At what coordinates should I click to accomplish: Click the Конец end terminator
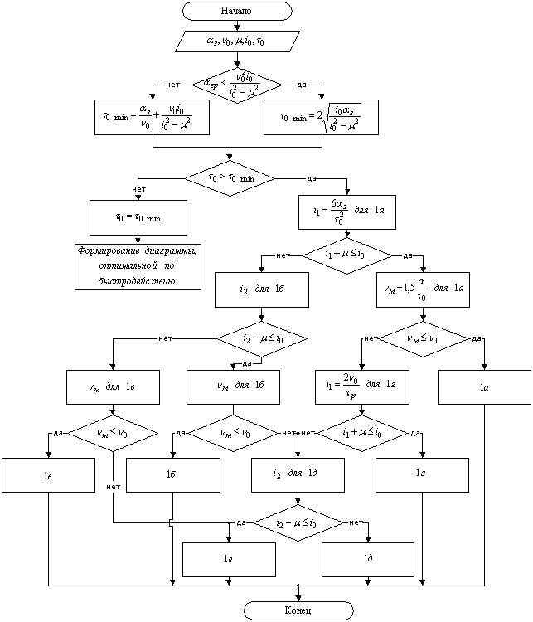[299, 610]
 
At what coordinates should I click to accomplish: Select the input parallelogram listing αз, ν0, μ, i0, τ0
[237, 40]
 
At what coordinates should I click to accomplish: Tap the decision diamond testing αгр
[237, 85]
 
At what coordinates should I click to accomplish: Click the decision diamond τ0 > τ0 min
[229, 177]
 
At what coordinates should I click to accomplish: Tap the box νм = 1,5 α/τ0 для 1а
[423, 290]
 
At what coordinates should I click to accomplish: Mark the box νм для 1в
[113, 386]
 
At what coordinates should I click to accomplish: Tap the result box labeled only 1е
[229, 560]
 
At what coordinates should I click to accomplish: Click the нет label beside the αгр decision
[172, 85]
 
